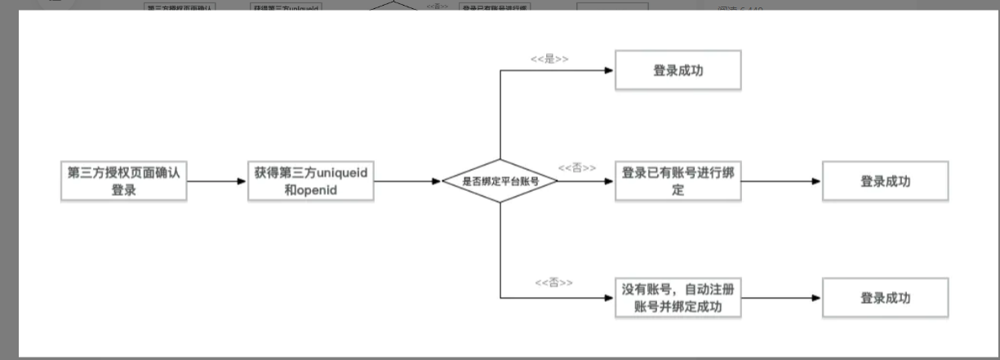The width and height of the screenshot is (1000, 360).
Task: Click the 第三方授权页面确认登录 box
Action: pyautogui.click(x=123, y=181)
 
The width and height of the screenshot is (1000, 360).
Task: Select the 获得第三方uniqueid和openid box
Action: pyautogui.click(x=310, y=181)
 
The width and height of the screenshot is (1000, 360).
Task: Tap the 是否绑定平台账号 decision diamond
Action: pyautogui.click(x=500, y=181)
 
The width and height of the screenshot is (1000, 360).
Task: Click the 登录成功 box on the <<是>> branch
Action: pyautogui.click(x=678, y=70)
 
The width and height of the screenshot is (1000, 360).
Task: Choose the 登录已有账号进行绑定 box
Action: pyautogui.click(x=678, y=181)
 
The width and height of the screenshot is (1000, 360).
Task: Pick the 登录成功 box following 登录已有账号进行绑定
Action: pyautogui.click(x=885, y=181)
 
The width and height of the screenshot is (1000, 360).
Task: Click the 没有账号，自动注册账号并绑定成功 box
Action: pyautogui.click(x=678, y=298)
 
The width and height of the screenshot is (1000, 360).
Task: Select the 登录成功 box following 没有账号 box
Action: pyautogui.click(x=885, y=298)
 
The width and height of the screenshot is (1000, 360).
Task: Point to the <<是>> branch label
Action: pyautogui.click(x=549, y=59)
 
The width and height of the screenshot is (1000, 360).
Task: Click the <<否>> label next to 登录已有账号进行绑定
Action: pyautogui.click(x=576, y=167)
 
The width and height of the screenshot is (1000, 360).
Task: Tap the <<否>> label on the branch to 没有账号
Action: pyautogui.click(x=553, y=282)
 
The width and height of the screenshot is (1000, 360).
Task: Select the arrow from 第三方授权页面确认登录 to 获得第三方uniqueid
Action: pyautogui.click(x=216, y=181)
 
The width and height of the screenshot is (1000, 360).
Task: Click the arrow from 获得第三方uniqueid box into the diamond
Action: pyautogui.click(x=407, y=181)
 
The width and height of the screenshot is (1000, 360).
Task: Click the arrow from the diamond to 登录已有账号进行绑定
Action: pyautogui.click(x=586, y=181)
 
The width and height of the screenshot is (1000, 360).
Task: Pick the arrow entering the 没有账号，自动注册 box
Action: pyautogui.click(x=571, y=298)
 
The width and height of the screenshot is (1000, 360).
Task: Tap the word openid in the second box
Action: pyautogui.click(x=315, y=190)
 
